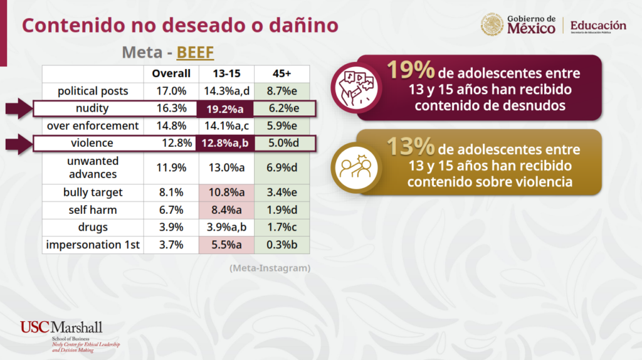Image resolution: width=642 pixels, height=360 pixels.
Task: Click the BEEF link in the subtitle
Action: (x=195, y=53)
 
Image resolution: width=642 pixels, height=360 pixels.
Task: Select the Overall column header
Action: (x=171, y=74)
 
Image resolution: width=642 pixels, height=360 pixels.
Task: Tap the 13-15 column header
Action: (x=226, y=74)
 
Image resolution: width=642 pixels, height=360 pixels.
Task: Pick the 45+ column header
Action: (x=282, y=74)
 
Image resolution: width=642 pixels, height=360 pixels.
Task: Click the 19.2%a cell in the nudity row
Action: (x=225, y=109)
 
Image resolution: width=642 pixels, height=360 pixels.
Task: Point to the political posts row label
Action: (x=93, y=91)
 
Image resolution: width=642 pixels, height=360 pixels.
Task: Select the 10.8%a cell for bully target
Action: (x=226, y=193)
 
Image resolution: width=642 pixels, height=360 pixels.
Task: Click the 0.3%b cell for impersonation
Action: (x=282, y=245)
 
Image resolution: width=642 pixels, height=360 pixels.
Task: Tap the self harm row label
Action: (x=93, y=210)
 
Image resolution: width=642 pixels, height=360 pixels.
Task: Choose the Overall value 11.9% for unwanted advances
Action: (x=171, y=167)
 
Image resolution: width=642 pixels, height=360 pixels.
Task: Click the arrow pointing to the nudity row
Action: (x=19, y=109)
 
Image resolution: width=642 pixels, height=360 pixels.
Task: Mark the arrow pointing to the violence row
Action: (x=19, y=144)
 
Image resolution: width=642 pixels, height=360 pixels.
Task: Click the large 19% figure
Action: (x=410, y=70)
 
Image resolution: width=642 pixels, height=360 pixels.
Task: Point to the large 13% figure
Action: (x=410, y=146)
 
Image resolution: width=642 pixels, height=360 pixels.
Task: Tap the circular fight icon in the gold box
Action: (x=356, y=167)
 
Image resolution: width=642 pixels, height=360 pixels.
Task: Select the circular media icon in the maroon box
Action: (x=356, y=88)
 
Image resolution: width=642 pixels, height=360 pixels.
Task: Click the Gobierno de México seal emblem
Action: (x=492, y=24)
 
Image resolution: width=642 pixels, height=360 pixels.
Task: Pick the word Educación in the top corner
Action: (x=598, y=25)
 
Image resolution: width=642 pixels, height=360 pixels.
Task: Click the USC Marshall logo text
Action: (x=61, y=327)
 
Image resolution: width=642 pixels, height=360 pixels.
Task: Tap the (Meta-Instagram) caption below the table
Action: (x=270, y=268)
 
